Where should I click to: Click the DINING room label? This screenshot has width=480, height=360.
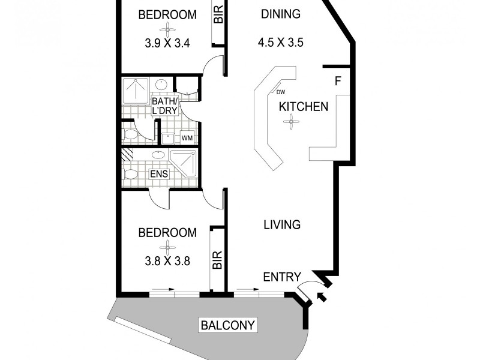pyautogui.click(x=280, y=14)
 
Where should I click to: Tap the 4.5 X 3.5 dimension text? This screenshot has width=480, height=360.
pyautogui.click(x=280, y=43)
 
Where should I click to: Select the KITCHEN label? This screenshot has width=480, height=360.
pyautogui.click(x=304, y=107)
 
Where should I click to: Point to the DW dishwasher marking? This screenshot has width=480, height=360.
pyautogui.click(x=281, y=92)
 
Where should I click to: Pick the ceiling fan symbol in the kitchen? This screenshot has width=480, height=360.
pyautogui.click(x=291, y=123)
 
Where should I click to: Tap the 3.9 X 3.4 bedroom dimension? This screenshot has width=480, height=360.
pyautogui.click(x=167, y=43)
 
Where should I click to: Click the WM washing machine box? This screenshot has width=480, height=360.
pyautogui.click(x=187, y=138)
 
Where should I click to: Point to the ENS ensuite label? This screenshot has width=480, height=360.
pyautogui.click(x=159, y=174)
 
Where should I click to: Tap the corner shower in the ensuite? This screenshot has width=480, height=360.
pyautogui.click(x=184, y=163)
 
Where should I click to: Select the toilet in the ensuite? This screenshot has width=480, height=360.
pyautogui.click(x=130, y=175)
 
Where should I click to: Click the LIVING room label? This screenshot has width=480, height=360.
pyautogui.click(x=282, y=225)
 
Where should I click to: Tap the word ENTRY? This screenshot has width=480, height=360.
pyautogui.click(x=282, y=277)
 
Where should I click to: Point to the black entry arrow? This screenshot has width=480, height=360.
pyautogui.click(x=319, y=295)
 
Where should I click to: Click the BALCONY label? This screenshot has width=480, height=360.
pyautogui.click(x=228, y=326)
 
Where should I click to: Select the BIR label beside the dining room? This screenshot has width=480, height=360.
pyautogui.click(x=218, y=14)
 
